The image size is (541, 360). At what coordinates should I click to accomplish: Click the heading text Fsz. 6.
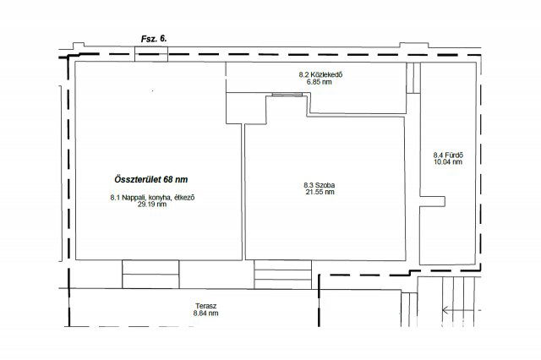click(154, 39)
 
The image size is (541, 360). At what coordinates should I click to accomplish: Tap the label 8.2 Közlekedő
click(320, 74)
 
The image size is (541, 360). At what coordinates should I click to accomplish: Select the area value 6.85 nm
click(320, 82)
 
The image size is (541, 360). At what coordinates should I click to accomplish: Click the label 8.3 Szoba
click(320, 185)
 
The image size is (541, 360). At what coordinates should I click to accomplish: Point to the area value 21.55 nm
click(320, 192)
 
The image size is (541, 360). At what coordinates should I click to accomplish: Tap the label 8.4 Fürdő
click(448, 155)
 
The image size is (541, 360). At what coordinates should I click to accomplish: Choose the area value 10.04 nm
click(448, 161)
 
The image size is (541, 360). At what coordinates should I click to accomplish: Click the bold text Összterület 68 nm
click(151, 180)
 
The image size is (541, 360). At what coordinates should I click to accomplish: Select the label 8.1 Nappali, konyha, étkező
click(152, 198)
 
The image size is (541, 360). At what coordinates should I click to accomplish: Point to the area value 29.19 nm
click(152, 205)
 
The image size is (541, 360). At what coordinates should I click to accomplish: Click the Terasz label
click(206, 306)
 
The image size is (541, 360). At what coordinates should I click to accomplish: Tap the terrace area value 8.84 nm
click(206, 314)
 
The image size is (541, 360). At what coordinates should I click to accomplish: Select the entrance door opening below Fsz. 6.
click(151, 54)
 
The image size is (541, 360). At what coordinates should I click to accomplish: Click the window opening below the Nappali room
click(150, 274)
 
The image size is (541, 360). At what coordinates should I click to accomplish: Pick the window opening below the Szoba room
click(283, 275)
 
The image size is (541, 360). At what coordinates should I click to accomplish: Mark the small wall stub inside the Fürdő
click(432, 201)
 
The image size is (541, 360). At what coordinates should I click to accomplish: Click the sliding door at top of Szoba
click(287, 95)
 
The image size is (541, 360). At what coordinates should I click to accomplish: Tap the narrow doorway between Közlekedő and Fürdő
click(413, 78)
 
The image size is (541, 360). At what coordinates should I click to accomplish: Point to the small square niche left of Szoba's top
click(246, 108)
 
